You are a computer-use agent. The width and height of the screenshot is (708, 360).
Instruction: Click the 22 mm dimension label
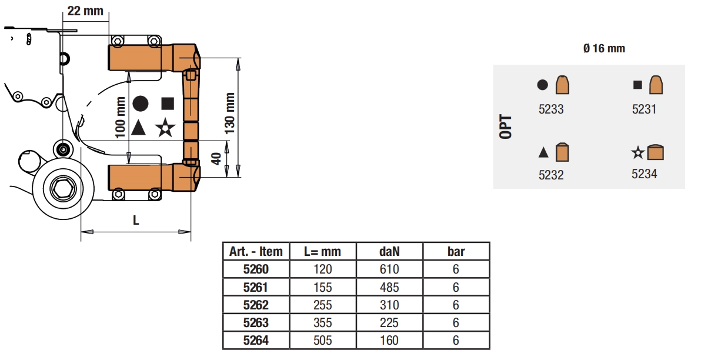coord(85,11)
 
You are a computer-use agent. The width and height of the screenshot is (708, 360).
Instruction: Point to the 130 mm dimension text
coord(230,114)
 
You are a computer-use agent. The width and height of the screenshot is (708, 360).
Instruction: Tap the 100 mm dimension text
coord(120,118)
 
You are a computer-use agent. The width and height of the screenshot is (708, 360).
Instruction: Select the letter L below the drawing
coord(136,220)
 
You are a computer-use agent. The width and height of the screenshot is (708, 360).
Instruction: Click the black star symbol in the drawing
coord(165,128)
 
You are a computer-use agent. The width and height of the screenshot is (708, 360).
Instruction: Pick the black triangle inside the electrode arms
coord(138,128)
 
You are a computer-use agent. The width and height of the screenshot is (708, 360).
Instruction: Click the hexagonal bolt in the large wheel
coord(63,189)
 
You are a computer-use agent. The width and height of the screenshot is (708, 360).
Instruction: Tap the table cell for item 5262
coord(256,305)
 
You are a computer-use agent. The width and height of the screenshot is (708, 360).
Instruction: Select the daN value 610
coord(389,269)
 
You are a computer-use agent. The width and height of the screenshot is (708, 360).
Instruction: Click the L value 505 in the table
coord(323,340)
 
